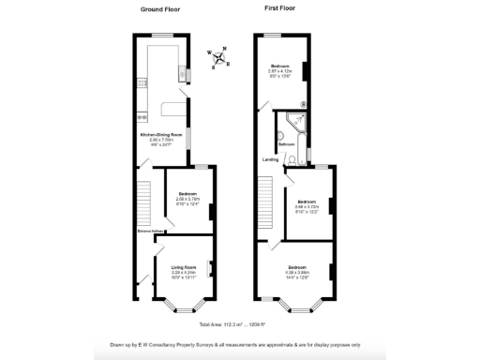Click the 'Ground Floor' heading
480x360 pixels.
pyautogui.click(x=160, y=8)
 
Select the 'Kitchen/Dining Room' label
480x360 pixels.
pyautogui.click(x=160, y=135)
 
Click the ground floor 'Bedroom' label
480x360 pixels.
pyautogui.click(x=188, y=194)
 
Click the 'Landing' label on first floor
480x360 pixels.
pyautogui.click(x=270, y=159)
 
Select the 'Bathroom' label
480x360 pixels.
pyautogui.click(x=287, y=144)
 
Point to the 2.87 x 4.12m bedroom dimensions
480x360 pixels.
pyautogui.click(x=282, y=70)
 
